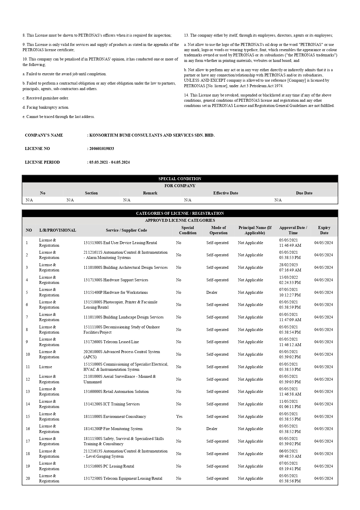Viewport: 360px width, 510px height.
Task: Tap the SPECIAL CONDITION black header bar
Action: [180, 179]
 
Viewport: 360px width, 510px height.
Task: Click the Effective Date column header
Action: [226, 193]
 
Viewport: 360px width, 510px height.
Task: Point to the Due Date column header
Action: [304, 193]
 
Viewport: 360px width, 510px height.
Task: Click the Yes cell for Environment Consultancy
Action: [179, 416]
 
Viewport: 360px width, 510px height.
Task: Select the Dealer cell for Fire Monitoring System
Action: [212, 429]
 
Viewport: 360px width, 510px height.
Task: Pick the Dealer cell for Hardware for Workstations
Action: [212, 292]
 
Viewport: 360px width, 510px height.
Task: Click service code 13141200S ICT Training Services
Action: [111, 404]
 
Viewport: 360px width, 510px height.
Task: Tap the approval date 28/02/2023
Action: [288, 265]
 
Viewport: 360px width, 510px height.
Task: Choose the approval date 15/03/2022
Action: [288, 277]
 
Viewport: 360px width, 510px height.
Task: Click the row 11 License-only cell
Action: [46, 367]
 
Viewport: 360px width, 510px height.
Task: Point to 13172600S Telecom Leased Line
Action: [111, 342]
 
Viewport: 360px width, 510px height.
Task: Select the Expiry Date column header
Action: [324, 230]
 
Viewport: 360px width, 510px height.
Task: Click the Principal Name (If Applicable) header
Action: [255, 230]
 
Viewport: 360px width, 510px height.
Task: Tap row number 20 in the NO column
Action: [28, 478]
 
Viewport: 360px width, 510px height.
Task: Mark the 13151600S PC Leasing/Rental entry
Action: [109, 466]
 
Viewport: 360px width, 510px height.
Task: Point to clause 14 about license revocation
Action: [259, 100]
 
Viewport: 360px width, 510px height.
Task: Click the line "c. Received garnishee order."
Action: [46, 98]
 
